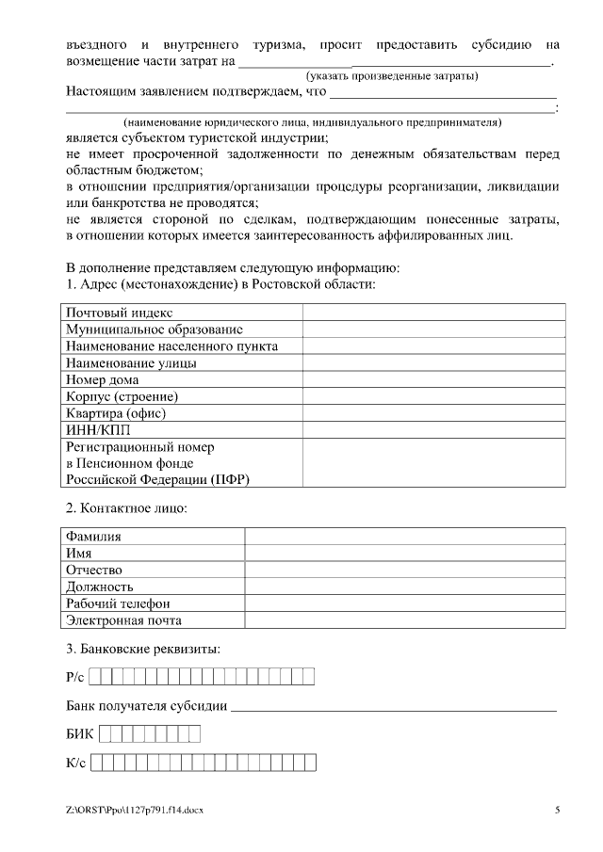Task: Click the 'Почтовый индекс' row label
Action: click(119, 313)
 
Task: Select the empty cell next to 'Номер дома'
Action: click(433, 380)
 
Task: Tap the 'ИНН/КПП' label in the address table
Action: click(92, 430)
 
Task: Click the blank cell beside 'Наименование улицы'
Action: click(433, 363)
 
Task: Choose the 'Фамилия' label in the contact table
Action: click(93, 537)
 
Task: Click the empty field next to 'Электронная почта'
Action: click(405, 620)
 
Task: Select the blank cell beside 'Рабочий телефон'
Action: click(405, 603)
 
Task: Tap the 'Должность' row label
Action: click(99, 587)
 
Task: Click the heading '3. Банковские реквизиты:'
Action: click(143, 650)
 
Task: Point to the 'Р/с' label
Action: click(75, 677)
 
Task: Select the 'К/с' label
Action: click(76, 764)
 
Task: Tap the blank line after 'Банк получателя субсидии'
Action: click(393, 706)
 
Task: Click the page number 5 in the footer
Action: click(557, 810)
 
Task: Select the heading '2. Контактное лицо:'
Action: click(127, 509)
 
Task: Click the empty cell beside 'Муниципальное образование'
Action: click(433, 330)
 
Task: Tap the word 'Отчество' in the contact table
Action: click(94, 571)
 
